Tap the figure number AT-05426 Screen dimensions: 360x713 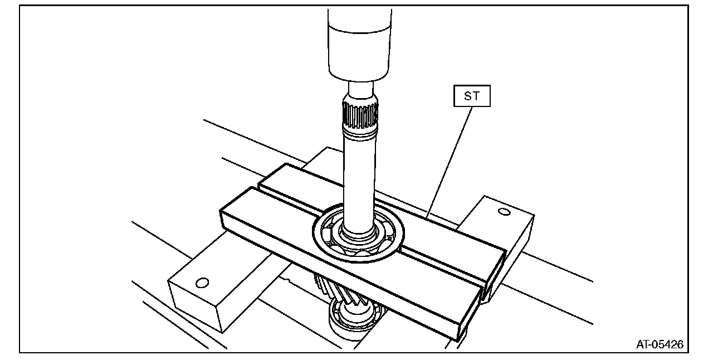660,344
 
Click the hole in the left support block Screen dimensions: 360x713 202,283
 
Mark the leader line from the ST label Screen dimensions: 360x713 448,162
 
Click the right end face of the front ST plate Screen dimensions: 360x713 471,312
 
